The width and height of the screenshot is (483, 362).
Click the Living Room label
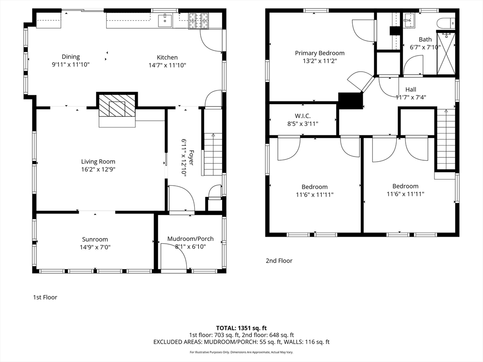click(x=98, y=162)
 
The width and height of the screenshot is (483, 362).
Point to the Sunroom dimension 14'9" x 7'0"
click(x=95, y=247)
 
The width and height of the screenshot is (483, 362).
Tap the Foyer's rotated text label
click(x=184, y=157)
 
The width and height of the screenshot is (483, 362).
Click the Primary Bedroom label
click(x=320, y=53)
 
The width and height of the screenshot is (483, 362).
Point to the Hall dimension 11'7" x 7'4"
click(x=410, y=97)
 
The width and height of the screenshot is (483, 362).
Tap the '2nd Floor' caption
click(x=279, y=261)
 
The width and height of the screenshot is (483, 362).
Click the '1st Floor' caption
click(x=45, y=297)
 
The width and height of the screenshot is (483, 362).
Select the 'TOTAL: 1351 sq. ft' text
click(x=241, y=328)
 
